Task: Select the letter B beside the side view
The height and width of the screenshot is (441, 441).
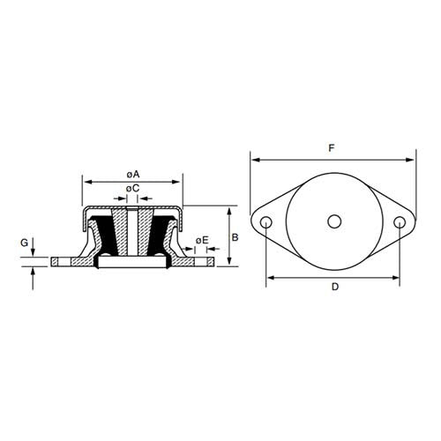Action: tap(235, 237)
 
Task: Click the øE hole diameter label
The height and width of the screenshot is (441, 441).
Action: tap(202, 240)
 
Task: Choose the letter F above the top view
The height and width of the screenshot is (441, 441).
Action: tap(332, 149)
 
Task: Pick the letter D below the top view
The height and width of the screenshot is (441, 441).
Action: tap(334, 288)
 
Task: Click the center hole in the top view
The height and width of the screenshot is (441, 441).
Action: tap(333, 222)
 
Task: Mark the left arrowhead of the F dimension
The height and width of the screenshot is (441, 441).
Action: tap(255, 161)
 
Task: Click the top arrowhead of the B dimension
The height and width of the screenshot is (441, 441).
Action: tap(229, 211)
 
